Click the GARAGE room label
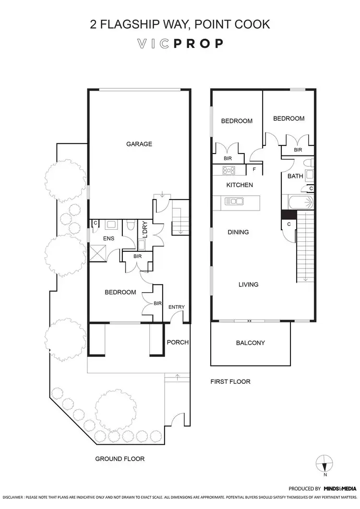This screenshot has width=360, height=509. (139, 144)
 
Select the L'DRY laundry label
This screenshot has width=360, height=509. (143, 229)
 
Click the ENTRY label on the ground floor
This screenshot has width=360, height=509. (177, 307)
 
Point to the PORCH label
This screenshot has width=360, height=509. (177, 342)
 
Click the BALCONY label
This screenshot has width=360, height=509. (250, 343)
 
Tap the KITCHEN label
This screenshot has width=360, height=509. (240, 185)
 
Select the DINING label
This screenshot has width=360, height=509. (238, 232)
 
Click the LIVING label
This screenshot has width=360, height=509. (249, 284)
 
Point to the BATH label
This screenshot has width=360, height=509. (295, 176)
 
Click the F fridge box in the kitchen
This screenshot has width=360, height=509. (254, 169)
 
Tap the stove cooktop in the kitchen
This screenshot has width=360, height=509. (228, 169)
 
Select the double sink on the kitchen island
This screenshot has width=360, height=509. (234, 201)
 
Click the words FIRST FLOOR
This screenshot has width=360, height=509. (230, 382)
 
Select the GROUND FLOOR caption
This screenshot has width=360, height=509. (120, 459)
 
